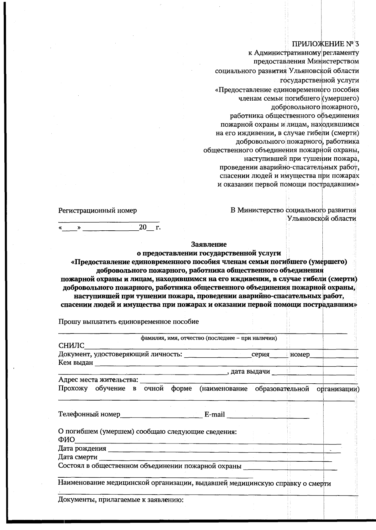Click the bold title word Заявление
tap(209, 244)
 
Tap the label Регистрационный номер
tap(97, 210)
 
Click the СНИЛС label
tap(71, 346)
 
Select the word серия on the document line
tap(260, 354)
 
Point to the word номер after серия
tap(300, 354)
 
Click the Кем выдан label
tap(76, 363)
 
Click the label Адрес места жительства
tap(98, 380)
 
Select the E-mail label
tap(215, 414)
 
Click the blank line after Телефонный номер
tap(161, 416)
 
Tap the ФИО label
tap(66, 440)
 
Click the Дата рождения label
tap(82, 449)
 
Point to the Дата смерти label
tap(78, 457)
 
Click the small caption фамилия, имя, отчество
tap(209, 338)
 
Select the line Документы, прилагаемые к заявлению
tap(121, 500)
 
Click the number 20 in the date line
tap(143, 227)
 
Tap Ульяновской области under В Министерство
tap(321, 218)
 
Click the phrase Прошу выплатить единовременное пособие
tap(128, 322)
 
